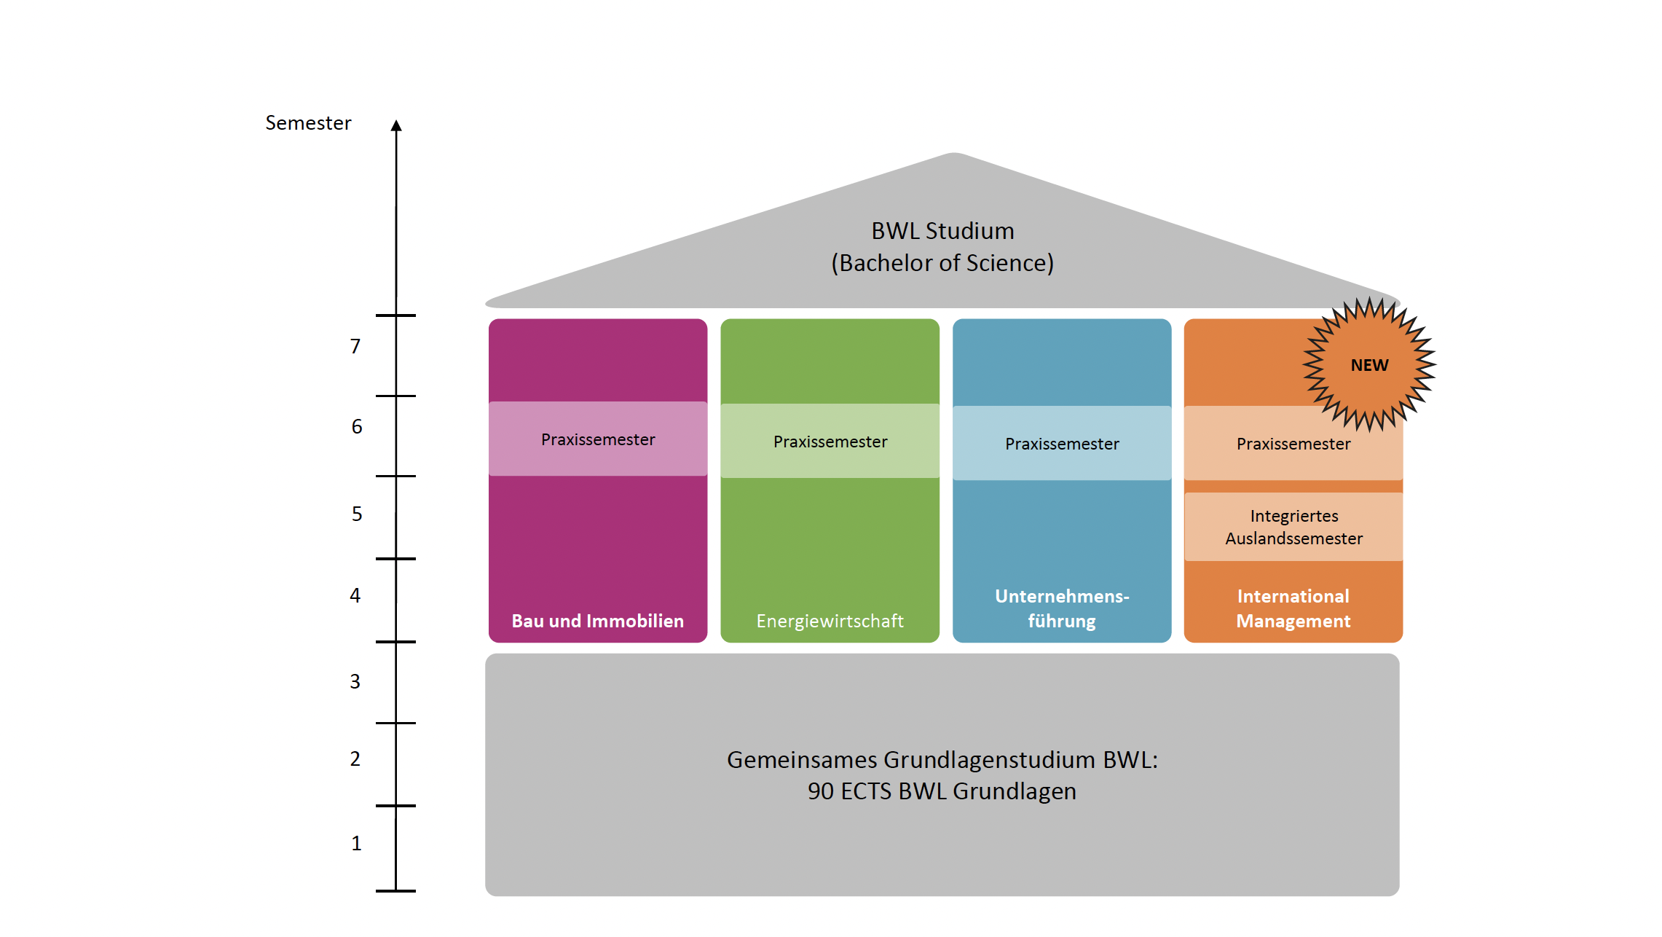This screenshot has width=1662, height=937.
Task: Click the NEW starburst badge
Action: tap(1369, 364)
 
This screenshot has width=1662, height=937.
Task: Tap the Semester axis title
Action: tap(308, 123)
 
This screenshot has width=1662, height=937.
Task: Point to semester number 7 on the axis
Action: tap(355, 346)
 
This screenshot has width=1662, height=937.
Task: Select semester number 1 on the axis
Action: tap(356, 844)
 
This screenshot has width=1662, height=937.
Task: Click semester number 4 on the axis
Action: tap(355, 596)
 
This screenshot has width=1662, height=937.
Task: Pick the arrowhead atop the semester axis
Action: tap(396, 126)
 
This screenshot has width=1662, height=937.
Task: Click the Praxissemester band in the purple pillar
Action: tap(598, 439)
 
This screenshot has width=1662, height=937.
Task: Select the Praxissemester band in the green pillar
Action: tap(830, 442)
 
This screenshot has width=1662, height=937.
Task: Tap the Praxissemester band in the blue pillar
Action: tap(1062, 444)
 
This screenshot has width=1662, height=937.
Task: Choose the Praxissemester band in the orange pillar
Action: tap(1293, 444)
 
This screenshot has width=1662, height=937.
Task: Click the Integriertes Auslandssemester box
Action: tap(1293, 527)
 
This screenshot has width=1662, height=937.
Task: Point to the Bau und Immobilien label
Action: tap(598, 621)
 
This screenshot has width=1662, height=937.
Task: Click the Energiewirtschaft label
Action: tap(830, 621)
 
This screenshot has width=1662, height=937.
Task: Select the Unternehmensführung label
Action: tap(1062, 608)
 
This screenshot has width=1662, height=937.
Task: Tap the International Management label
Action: tap(1293, 608)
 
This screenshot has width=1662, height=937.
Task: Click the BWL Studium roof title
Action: tap(942, 231)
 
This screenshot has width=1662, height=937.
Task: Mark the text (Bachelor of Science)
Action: tap(942, 263)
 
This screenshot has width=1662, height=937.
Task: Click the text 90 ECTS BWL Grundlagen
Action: tap(942, 791)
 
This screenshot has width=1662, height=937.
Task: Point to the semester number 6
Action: tap(357, 427)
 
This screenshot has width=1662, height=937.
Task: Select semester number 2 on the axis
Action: tap(355, 759)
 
